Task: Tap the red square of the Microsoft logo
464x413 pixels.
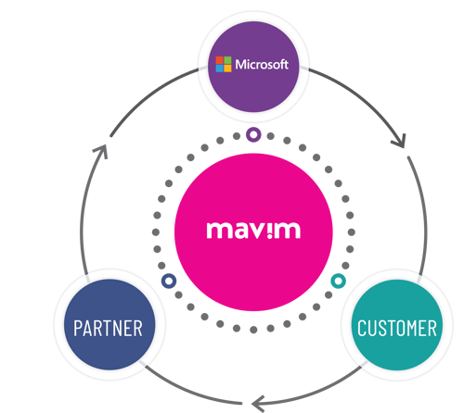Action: [x=219, y=60]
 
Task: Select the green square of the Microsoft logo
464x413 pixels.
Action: [x=226, y=60]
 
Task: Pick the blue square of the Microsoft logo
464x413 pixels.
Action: [x=219, y=69]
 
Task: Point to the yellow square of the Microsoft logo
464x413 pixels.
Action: [x=226, y=69]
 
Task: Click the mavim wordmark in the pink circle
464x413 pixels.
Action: [x=252, y=229]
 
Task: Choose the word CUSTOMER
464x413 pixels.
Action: [x=397, y=328]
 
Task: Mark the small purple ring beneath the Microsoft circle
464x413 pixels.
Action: [x=253, y=135]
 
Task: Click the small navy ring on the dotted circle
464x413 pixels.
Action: [x=168, y=280]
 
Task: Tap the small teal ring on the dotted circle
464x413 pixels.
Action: [x=339, y=280]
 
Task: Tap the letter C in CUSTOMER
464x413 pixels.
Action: [x=363, y=328]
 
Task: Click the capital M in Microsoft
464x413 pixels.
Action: [x=239, y=65]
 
